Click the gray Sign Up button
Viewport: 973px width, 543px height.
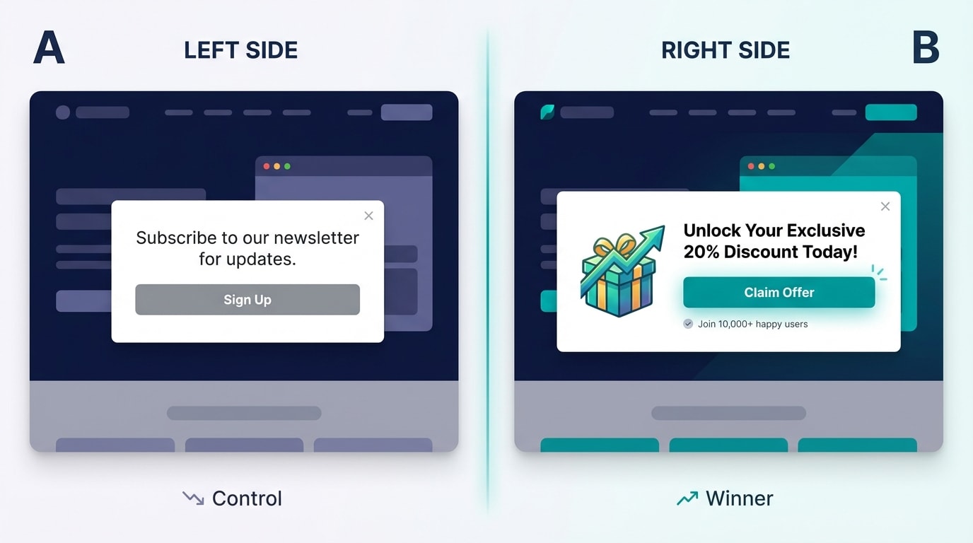(247, 300)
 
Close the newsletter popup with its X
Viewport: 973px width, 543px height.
(368, 216)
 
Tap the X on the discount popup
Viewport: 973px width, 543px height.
(885, 206)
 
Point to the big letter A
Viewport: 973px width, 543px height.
(49, 49)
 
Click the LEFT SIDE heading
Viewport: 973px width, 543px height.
(240, 50)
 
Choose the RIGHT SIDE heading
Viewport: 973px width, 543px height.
(726, 50)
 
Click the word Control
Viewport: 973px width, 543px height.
(247, 498)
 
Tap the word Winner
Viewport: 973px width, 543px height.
(739, 498)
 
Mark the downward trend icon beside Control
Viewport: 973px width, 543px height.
(192, 498)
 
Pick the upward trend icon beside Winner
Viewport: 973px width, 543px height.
(687, 498)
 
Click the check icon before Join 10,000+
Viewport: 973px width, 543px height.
(688, 324)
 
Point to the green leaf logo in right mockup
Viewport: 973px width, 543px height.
(547, 112)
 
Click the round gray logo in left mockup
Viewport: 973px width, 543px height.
(63, 112)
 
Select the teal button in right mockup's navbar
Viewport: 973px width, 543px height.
(891, 112)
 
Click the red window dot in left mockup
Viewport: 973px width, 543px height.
(267, 166)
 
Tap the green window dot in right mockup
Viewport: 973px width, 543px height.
(771, 166)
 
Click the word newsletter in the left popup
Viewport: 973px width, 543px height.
(316, 238)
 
